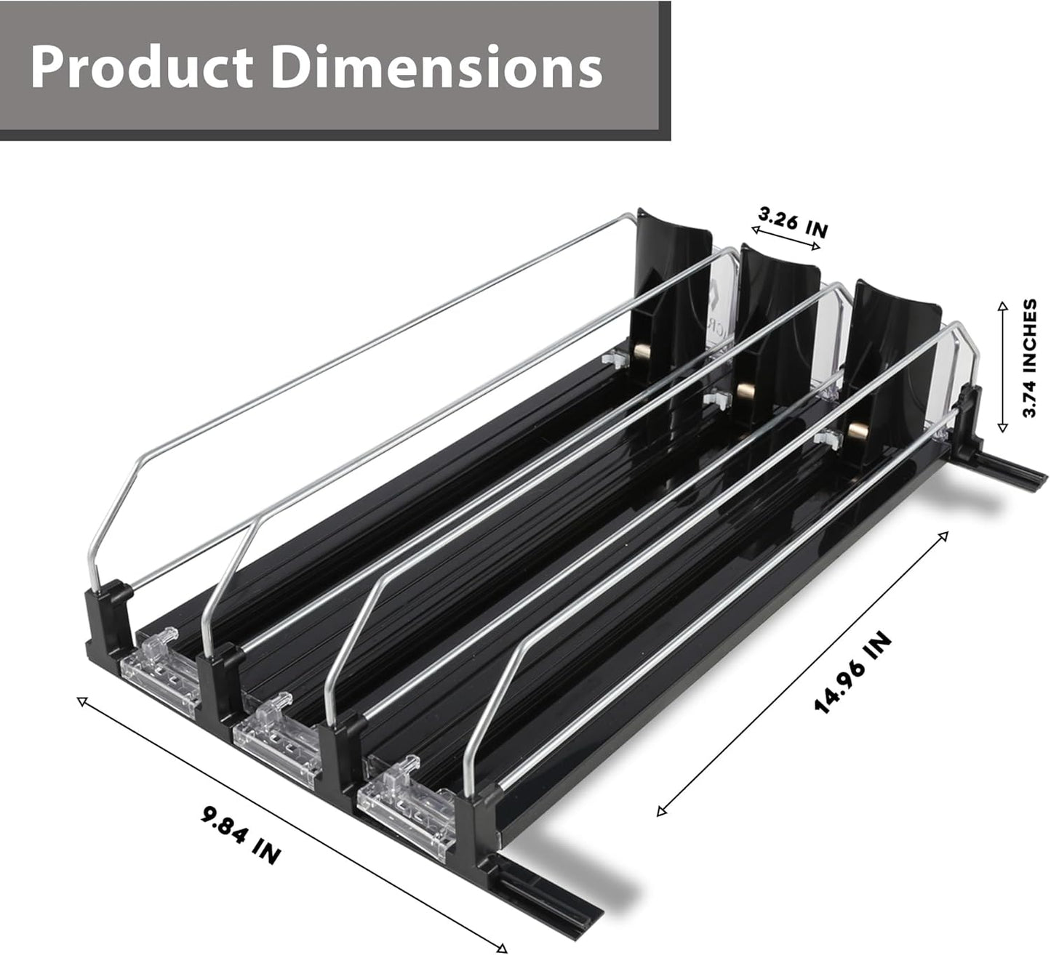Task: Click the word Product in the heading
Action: [x=142, y=68]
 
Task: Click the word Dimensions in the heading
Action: [x=436, y=68]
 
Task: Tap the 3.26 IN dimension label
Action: [x=793, y=222]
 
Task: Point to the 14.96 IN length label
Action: [x=852, y=673]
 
